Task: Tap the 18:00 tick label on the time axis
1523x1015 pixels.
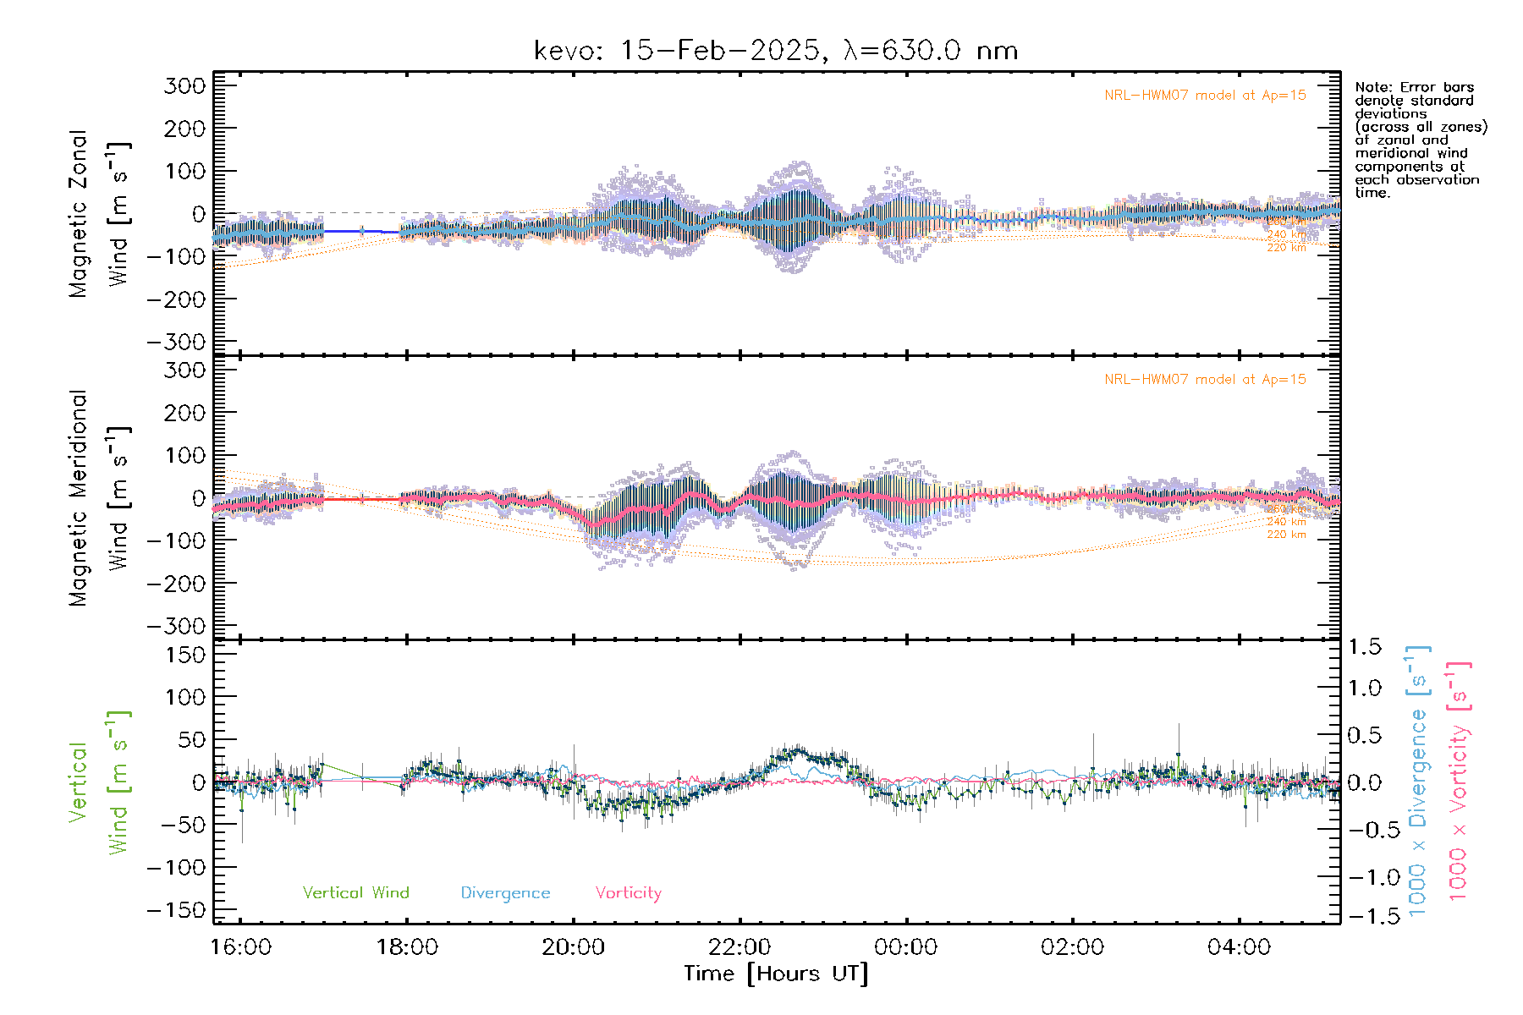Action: pyautogui.click(x=407, y=947)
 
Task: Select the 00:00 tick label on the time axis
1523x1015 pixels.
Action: pyautogui.click(x=905, y=947)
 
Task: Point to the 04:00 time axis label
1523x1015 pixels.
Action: pyautogui.click(x=1239, y=947)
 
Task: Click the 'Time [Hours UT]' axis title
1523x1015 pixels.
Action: pyautogui.click(x=776, y=974)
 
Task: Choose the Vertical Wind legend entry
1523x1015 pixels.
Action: pyautogui.click(x=355, y=893)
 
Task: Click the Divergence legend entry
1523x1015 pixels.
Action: pyautogui.click(x=505, y=893)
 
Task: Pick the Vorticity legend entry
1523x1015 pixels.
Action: pyautogui.click(x=628, y=893)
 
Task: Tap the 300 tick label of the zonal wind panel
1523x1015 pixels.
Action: pyautogui.click(x=184, y=85)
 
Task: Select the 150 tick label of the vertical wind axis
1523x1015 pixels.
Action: pyautogui.click(x=184, y=655)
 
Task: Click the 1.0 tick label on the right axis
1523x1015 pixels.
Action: pyautogui.click(x=1365, y=688)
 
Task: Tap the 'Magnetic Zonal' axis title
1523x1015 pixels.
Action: pyautogui.click(x=79, y=213)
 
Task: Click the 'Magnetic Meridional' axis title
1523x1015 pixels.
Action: pyautogui.click(x=79, y=498)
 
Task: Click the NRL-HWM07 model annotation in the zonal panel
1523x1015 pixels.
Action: pyautogui.click(x=1205, y=96)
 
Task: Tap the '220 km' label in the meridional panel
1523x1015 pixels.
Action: pyautogui.click(x=1286, y=535)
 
